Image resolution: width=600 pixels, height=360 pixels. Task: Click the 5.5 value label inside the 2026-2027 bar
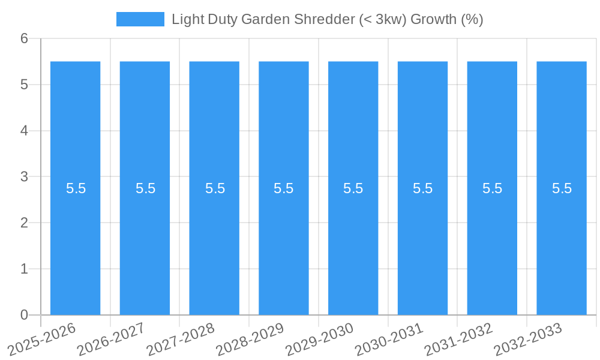pos(145,188)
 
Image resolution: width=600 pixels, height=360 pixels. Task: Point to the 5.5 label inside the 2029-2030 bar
pos(353,188)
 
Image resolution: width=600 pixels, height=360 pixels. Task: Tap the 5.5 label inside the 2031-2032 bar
pos(492,188)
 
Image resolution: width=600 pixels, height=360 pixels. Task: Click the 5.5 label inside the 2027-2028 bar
pos(215,188)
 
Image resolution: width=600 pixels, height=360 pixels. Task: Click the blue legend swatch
pos(140,19)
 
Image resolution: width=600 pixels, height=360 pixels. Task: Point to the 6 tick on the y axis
pos(25,38)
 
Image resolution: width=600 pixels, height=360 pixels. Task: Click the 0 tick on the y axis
pos(25,315)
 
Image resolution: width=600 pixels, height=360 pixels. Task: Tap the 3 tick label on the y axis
pos(25,177)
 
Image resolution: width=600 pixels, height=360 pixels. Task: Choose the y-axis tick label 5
pos(25,85)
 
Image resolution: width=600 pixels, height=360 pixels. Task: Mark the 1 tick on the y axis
pos(25,269)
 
